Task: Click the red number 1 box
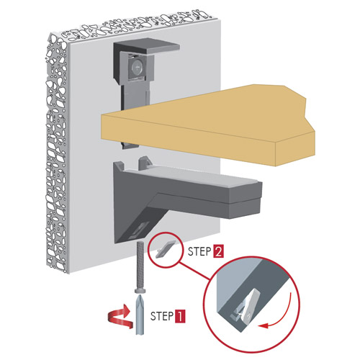(x=180, y=316)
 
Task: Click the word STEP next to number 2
(x=199, y=251)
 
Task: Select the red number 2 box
(x=218, y=252)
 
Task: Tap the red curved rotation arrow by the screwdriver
(x=120, y=317)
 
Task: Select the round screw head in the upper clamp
(x=136, y=67)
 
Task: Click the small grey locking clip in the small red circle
(x=166, y=250)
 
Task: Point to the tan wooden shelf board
(x=208, y=125)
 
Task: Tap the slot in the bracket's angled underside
(x=139, y=230)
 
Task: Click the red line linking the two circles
(x=195, y=271)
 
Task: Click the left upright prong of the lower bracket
(x=119, y=166)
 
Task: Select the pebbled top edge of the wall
(x=137, y=25)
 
